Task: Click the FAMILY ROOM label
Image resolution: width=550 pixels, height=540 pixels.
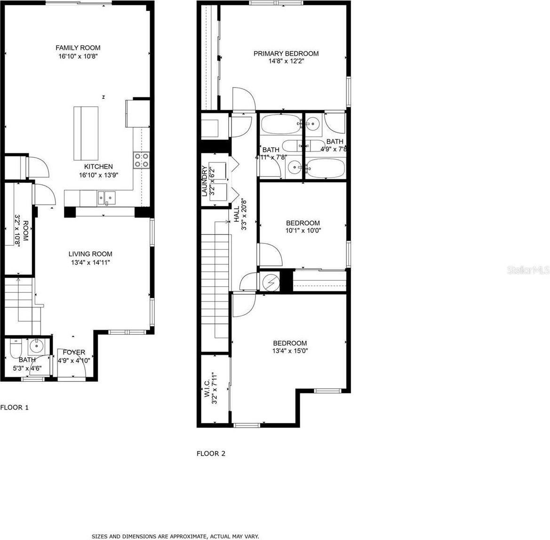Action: pos(78,48)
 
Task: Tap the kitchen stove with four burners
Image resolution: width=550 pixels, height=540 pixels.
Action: pos(142,160)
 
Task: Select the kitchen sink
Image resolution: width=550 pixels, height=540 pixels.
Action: pos(107,198)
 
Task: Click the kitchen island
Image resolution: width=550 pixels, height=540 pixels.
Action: pos(86,134)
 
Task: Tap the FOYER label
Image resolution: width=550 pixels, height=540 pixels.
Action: pos(74,352)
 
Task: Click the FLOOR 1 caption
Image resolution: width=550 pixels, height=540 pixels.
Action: pos(15,407)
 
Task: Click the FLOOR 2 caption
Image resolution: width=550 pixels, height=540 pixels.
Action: pos(211,453)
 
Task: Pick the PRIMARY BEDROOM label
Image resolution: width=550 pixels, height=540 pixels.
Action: pos(286,54)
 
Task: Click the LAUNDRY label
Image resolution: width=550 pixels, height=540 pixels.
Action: pos(204,181)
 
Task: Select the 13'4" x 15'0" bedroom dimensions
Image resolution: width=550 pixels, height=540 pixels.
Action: pos(290,351)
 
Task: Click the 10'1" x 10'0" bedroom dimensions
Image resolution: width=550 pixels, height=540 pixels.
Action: pos(303,231)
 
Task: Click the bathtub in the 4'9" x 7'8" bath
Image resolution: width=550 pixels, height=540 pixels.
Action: pos(326,168)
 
